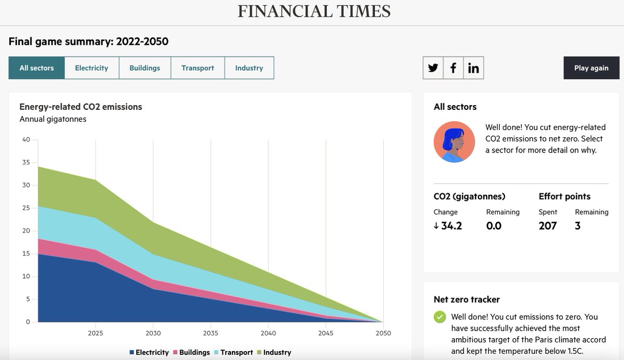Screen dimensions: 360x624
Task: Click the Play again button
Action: point(591,68)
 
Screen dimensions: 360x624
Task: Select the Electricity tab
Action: point(92,68)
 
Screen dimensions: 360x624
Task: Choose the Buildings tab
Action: point(145,68)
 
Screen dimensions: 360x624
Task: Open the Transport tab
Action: point(198,68)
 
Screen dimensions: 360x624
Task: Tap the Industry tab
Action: point(249,68)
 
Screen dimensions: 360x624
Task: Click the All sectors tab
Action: point(36,68)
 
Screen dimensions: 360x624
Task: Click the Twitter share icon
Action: point(433,68)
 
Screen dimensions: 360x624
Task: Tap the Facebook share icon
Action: point(453,68)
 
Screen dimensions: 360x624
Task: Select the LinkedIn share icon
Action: point(473,68)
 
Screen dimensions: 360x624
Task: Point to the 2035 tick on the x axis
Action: point(211,333)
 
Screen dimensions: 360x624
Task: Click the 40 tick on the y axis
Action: point(26,139)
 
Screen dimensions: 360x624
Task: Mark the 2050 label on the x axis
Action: point(383,333)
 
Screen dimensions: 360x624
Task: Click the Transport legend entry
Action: point(233,352)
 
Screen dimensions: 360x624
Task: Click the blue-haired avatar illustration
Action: point(454,142)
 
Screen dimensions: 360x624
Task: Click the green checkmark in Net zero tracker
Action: point(440,317)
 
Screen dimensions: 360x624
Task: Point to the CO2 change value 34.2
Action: point(448,226)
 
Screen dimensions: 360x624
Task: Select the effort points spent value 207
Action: point(548,226)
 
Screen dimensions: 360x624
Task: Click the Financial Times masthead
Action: point(314,11)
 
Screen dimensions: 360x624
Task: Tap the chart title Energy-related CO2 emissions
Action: point(81,107)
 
